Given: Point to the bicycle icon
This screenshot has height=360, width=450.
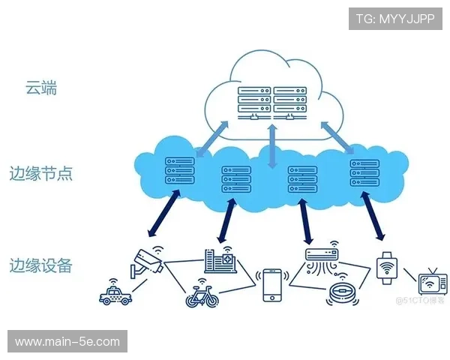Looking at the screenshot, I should pyautogui.click(x=202, y=293).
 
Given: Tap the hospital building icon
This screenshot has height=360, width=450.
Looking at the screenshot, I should pyautogui.click(x=223, y=260).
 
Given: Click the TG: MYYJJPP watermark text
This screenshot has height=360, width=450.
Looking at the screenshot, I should pyautogui.click(x=395, y=18).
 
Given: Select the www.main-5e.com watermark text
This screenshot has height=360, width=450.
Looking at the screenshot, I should pyautogui.click(x=67, y=342).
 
